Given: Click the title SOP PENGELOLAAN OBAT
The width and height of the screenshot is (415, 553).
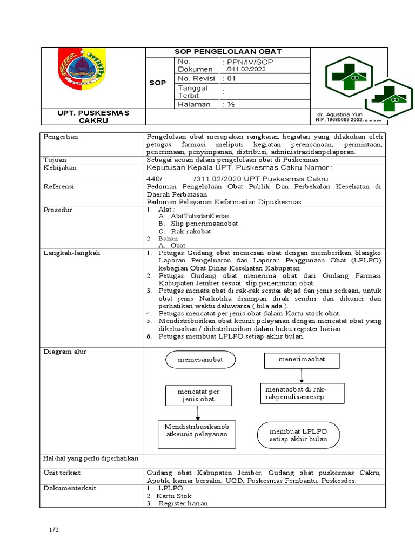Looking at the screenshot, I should tap(227, 52).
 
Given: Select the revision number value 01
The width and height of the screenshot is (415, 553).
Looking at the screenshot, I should tap(233, 78).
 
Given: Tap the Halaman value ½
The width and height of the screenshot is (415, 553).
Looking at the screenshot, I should tap(233, 104).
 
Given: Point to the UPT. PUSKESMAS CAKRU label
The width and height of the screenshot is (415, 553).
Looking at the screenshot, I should tap(93, 117).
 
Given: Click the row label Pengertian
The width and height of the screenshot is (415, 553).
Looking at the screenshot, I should tap(61, 137).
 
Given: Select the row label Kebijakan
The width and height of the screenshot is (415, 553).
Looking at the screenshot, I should tap(59, 168).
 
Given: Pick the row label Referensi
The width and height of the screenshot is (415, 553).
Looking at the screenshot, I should tap(59, 186).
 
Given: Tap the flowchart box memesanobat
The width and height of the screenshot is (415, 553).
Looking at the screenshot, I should tap(200, 360).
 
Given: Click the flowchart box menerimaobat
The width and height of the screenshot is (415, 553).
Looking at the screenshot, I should tap(302, 360).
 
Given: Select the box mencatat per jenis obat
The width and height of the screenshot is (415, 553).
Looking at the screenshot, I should tap(198, 395).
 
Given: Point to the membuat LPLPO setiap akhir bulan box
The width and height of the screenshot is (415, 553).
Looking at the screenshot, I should tap(298, 435).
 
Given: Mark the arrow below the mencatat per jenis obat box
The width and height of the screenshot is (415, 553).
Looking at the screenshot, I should tap(198, 413).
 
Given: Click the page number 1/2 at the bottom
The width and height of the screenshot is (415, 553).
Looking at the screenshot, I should tap(52, 531).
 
